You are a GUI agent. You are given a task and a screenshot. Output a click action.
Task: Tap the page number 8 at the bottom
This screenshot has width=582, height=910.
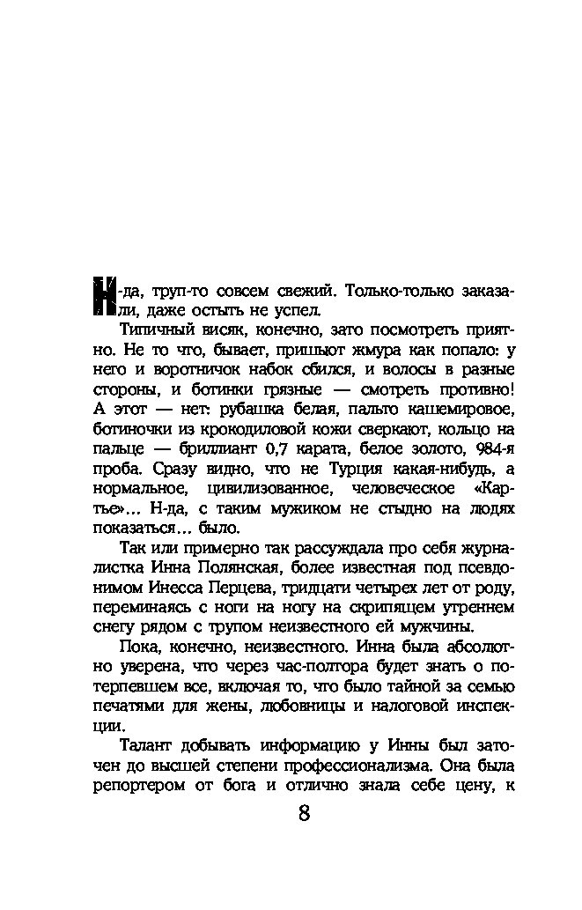click(x=304, y=812)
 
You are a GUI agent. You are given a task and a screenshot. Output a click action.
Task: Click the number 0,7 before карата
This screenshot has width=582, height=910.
click(x=277, y=449)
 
